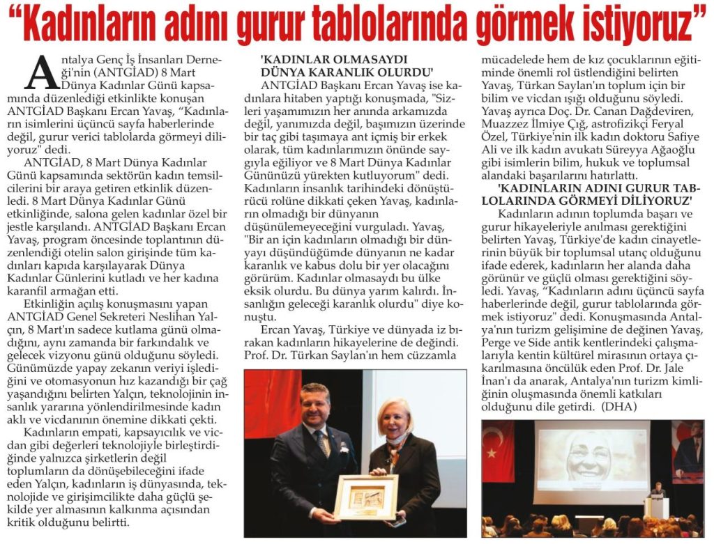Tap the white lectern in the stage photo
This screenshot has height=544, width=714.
tap(655, 508)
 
